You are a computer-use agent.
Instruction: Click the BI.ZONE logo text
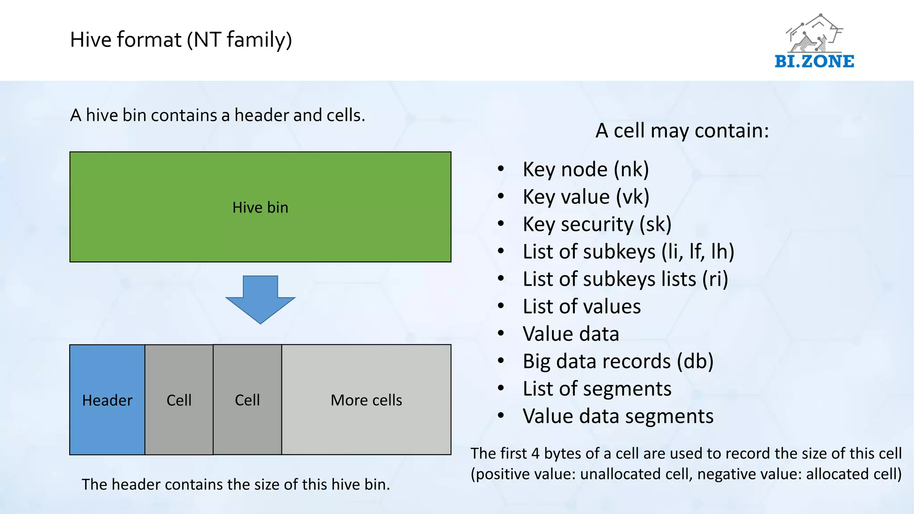[814, 61]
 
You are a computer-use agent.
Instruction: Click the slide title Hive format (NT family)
[181, 40]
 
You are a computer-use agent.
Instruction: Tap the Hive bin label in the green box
[260, 207]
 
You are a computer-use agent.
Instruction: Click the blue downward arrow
[260, 299]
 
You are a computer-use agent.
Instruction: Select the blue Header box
[107, 400]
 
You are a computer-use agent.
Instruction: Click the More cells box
[366, 400]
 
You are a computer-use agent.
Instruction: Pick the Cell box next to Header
[179, 400]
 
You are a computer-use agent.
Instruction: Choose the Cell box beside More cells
[247, 400]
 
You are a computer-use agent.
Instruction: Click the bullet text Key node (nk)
[586, 170]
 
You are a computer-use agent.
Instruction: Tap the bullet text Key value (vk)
[586, 197]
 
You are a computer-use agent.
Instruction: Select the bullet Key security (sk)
[597, 224]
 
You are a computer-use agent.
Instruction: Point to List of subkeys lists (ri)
[625, 279]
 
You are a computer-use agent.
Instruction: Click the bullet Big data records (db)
[618, 361]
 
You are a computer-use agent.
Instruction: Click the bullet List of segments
[597, 389]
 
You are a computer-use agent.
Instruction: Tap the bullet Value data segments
[618, 416]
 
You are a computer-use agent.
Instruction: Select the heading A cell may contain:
[682, 131]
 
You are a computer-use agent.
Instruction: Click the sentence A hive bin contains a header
[217, 115]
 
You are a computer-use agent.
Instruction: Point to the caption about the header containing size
[236, 484]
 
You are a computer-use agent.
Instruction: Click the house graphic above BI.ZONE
[814, 33]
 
